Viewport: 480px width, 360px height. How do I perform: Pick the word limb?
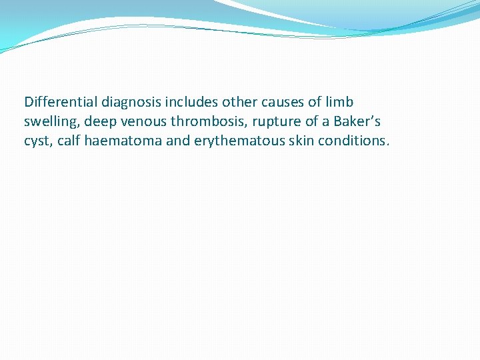click(339, 102)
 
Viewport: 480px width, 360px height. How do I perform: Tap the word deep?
click(100, 122)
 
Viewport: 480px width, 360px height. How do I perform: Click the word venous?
click(145, 122)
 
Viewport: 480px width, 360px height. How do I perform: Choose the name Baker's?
click(353, 121)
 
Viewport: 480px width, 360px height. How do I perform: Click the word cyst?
click(37, 141)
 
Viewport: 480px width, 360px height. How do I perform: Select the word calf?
click(69, 141)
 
